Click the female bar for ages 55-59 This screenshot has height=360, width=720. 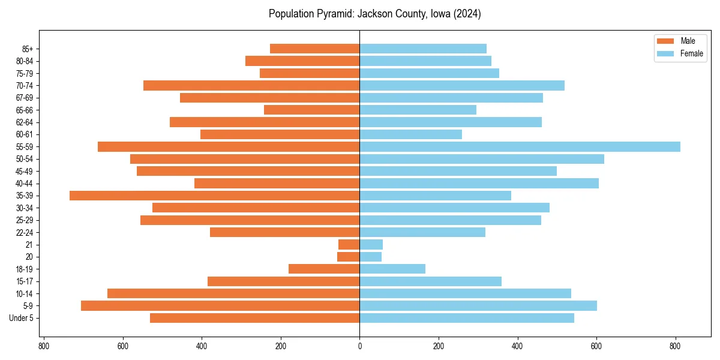tap(520, 147)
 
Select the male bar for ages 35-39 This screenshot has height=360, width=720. tap(214, 196)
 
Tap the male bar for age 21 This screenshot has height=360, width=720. tap(349, 245)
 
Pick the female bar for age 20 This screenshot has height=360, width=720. tap(370, 257)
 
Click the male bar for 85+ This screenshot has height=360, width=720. tap(314, 49)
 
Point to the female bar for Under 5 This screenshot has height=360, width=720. tap(467, 318)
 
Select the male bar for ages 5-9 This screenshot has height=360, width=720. tap(220, 306)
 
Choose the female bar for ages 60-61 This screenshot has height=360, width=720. tap(410, 134)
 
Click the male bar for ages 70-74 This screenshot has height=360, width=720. tap(251, 85)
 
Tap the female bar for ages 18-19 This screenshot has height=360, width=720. tap(392, 269)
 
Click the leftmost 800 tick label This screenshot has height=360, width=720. tap(43, 346)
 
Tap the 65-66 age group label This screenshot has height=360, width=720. tap(25, 110)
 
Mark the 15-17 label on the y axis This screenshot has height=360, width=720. tap(25, 281)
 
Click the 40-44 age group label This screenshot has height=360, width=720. tap(25, 184)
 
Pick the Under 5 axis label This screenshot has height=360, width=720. tap(22, 318)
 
